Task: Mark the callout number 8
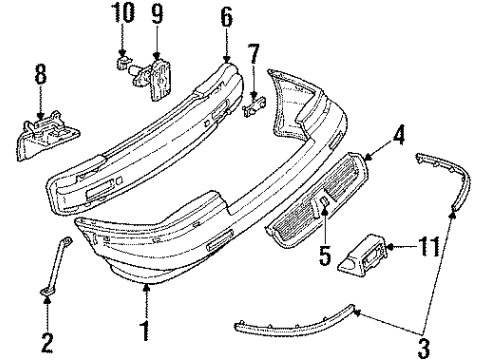click(41, 76)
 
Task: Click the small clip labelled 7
click(254, 103)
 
